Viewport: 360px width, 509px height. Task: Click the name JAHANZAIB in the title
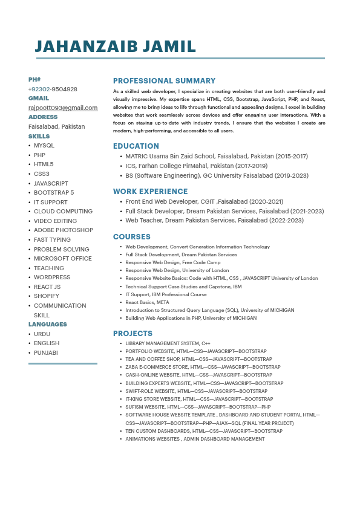[x=87, y=47]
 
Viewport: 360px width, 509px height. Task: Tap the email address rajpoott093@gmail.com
[x=63, y=108]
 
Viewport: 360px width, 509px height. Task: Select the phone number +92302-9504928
[x=53, y=89]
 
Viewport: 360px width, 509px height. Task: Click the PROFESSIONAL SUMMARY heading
[x=164, y=81]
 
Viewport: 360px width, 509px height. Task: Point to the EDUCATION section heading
[x=136, y=146]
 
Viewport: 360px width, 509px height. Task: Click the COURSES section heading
[x=132, y=237]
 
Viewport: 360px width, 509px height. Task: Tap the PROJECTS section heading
[x=133, y=334]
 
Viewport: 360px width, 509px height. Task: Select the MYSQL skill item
[x=44, y=146]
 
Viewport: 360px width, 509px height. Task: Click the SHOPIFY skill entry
[x=46, y=296]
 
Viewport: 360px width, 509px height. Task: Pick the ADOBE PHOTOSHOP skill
[x=64, y=230]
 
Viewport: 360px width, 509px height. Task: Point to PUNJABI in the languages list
[x=46, y=352]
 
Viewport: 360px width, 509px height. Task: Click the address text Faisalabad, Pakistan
[x=56, y=127]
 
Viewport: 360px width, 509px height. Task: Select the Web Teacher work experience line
[x=214, y=221]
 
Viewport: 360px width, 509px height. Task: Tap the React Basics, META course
[x=147, y=302]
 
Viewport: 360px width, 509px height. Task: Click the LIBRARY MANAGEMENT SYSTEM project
[x=168, y=343]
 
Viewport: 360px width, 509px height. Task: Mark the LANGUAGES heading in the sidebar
[x=48, y=325]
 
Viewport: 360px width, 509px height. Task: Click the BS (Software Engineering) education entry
[x=217, y=176]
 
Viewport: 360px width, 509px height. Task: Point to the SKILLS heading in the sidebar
[x=39, y=137]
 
